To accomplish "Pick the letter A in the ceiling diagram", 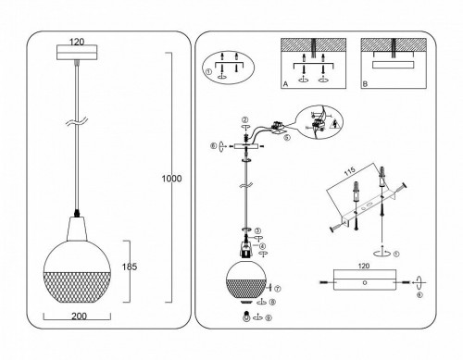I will coord(284,83).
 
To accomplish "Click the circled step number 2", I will coord(244,120).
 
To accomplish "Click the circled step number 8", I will coord(269,302).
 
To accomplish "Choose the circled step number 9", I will coord(267,320).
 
